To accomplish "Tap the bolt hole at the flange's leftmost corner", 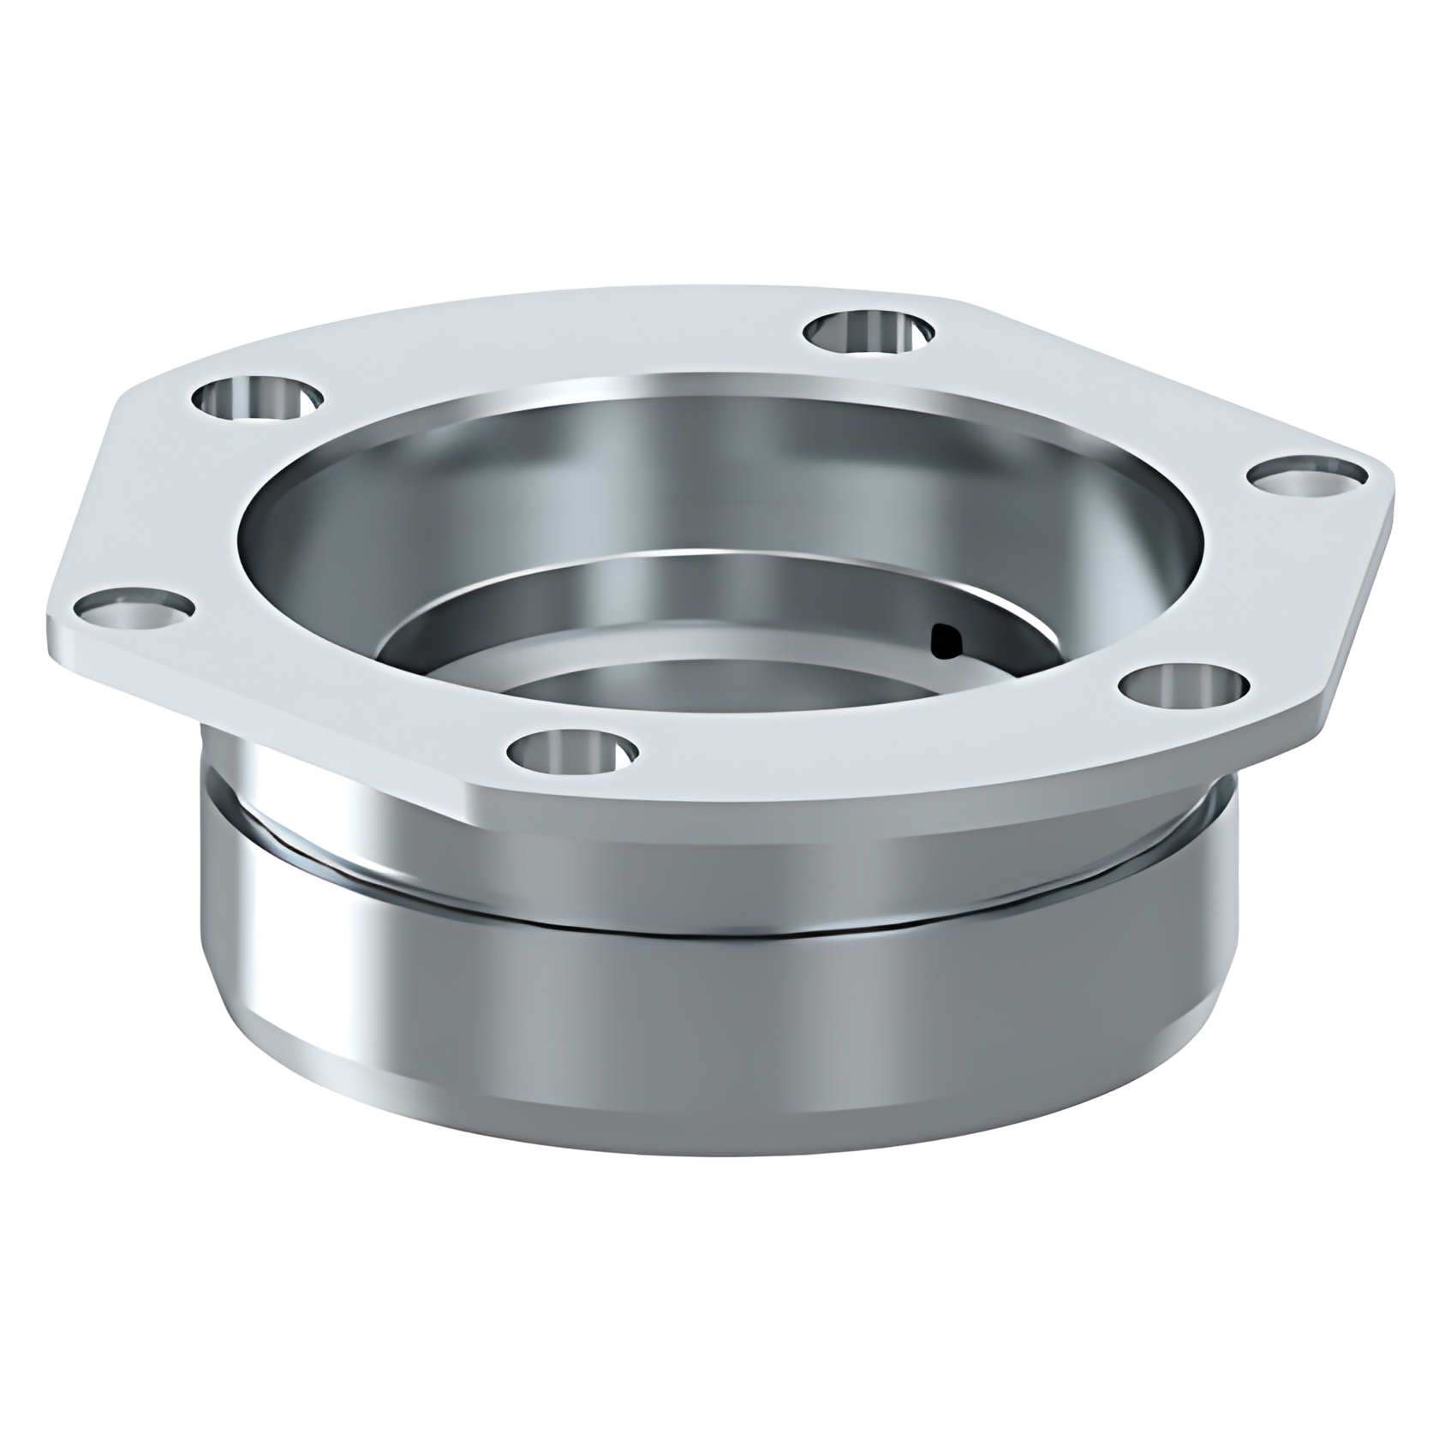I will [x=133, y=611].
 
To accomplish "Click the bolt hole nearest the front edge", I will [x=573, y=752].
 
